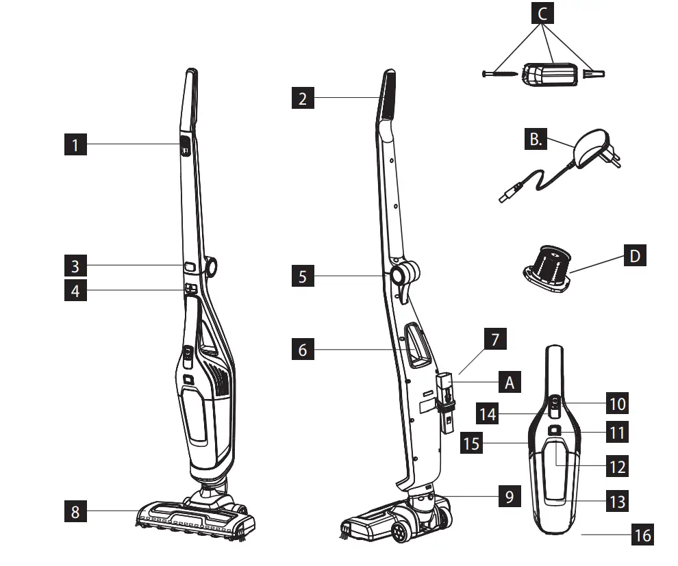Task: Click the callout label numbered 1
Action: [75, 144]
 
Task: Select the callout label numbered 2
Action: [303, 99]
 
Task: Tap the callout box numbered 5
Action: [303, 277]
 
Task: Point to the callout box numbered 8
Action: [75, 511]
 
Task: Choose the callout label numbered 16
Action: [642, 534]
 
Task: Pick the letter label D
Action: [635, 257]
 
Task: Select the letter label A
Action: [508, 382]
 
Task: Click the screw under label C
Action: [499, 73]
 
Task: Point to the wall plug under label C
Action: [593, 73]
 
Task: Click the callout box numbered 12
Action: [617, 467]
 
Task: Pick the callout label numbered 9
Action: [509, 496]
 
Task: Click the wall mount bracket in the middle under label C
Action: [552, 73]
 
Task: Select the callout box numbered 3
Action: [75, 265]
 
